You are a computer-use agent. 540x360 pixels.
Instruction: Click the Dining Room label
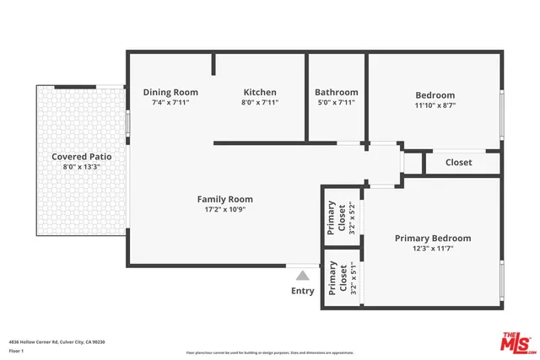[x=170, y=92]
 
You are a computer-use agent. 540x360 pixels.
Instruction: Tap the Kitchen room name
[x=260, y=92]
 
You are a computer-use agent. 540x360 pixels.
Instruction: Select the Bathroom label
[x=336, y=92]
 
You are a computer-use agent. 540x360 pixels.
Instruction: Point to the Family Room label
[x=225, y=199]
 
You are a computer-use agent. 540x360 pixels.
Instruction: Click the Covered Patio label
[x=82, y=156]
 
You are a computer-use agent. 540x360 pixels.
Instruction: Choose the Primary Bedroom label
[x=433, y=238]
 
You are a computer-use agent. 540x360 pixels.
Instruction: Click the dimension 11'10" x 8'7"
[x=435, y=106]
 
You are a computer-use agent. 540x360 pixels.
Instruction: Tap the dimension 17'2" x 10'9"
[x=225, y=210]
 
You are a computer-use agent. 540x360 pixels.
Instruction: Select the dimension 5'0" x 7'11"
[x=336, y=102]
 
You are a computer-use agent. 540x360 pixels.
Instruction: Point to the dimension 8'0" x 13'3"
[x=82, y=167]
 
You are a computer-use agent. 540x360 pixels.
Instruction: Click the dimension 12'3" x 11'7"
[x=433, y=249]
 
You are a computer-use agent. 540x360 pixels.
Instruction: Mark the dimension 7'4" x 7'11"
[x=170, y=102]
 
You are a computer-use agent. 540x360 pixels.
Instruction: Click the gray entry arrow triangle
[x=302, y=274]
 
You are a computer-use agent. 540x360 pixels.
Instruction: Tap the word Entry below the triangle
[x=302, y=291]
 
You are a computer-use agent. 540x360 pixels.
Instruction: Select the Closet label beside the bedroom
[x=458, y=162]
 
